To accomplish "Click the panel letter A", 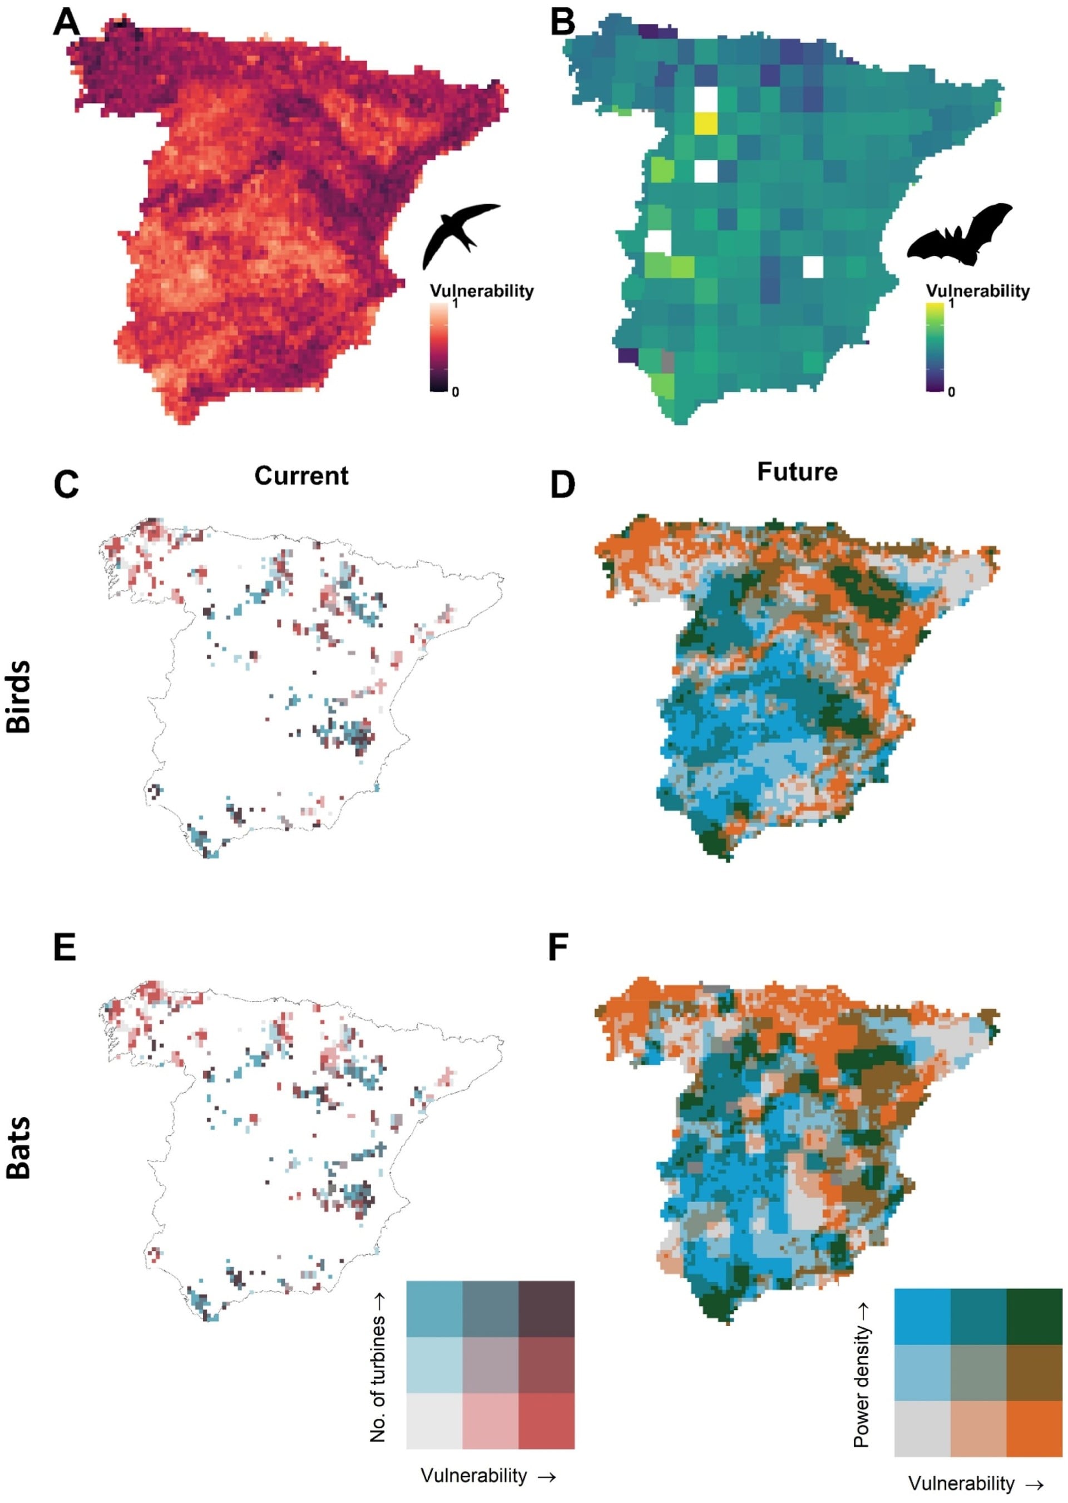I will click(66, 24).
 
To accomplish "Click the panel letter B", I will click(562, 24).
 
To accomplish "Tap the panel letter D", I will click(562, 484).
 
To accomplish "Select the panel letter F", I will click(558, 949).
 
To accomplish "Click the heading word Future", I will click(797, 472).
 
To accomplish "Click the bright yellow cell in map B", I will click(706, 124).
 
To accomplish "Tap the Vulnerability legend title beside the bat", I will click(977, 290).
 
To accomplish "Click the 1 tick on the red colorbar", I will click(455, 305).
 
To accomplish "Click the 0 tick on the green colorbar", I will click(951, 392).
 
